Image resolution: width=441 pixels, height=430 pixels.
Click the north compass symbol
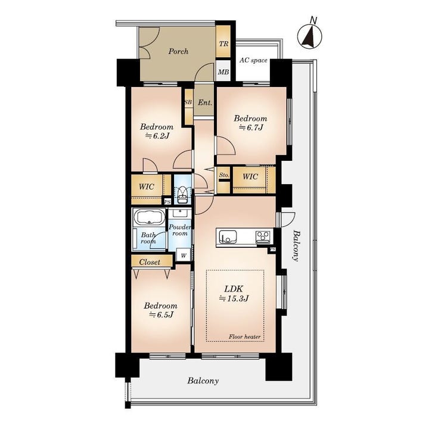(310, 34)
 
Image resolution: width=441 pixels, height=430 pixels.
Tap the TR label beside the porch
(224, 44)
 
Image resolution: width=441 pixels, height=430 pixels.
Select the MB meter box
(223, 71)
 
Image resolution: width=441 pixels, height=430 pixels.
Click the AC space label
(253, 60)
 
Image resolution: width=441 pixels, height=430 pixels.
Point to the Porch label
(178, 51)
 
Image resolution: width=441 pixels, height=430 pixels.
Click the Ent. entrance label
(205, 102)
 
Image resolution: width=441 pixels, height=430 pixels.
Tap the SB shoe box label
(188, 102)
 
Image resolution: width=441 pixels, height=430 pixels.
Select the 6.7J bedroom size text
(251, 128)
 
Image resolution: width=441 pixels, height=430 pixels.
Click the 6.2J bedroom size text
(157, 136)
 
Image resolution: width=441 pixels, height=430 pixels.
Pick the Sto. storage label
(224, 175)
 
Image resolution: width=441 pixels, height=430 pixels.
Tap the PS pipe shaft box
(167, 201)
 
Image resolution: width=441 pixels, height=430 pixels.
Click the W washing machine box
(184, 255)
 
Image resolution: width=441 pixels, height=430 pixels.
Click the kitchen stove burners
(263, 236)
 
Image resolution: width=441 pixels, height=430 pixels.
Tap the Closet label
(150, 262)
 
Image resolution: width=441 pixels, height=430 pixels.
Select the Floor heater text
(244, 336)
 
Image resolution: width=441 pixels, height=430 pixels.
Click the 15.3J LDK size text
(234, 298)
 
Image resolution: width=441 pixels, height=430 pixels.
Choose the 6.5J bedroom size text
(161, 314)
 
